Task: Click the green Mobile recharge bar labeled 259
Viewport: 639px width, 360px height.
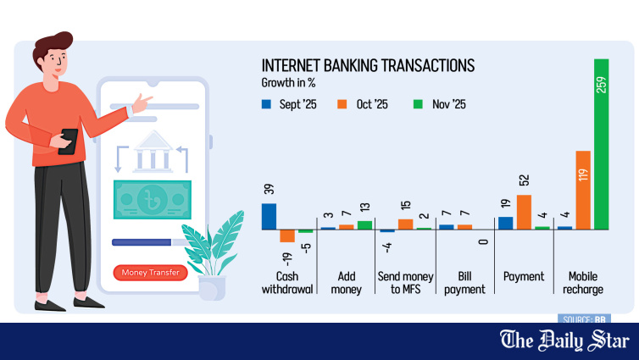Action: pos(602,144)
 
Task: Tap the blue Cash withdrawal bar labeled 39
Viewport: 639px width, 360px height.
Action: pos(269,216)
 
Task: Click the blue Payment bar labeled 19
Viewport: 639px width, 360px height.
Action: pos(505,223)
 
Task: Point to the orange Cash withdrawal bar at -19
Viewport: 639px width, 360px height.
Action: pos(287,235)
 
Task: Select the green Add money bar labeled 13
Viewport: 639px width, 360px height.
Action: pos(364,224)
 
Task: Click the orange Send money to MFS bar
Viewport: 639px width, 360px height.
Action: pos(405,224)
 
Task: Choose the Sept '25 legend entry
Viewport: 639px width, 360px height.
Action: pos(286,104)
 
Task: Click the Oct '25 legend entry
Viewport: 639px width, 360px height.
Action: pos(363,104)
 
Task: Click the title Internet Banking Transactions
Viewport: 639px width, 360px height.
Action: pos(367,66)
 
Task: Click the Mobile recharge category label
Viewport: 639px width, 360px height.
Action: pos(582,283)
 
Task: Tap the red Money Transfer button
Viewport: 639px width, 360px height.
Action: pos(150,273)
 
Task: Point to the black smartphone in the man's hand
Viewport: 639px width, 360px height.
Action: pos(69,140)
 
